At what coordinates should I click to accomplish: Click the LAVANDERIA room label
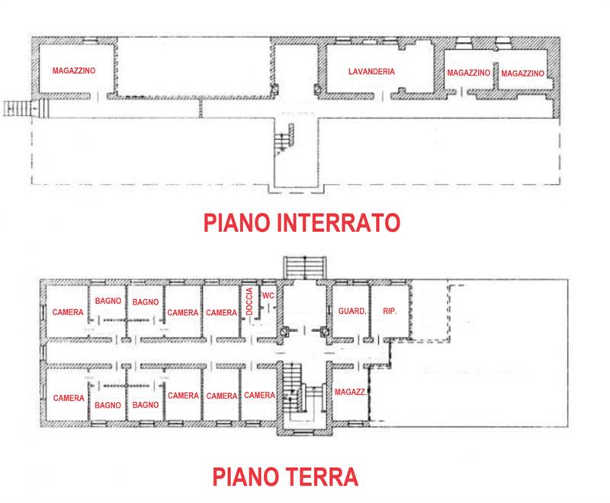(x=371, y=71)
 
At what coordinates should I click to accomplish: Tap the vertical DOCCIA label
(x=249, y=301)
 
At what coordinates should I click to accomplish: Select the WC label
(x=268, y=295)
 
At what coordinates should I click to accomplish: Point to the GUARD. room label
(x=352, y=311)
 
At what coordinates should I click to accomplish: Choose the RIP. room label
(x=390, y=311)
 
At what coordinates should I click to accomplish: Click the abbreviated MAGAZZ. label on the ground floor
(x=351, y=392)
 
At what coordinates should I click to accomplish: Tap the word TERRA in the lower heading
(x=322, y=476)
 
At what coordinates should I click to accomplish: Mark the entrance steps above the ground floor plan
(x=304, y=267)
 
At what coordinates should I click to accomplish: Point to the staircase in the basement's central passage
(x=284, y=140)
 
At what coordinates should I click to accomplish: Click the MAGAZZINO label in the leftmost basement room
(x=74, y=70)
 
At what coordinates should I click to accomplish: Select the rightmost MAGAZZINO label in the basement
(x=522, y=73)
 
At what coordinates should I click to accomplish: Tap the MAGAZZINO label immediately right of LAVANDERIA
(x=468, y=73)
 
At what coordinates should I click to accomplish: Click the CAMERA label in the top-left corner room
(x=68, y=312)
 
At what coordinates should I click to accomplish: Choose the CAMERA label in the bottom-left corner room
(x=69, y=398)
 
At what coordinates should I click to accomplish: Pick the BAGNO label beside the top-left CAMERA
(x=108, y=301)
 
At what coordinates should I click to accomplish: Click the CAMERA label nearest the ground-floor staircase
(x=259, y=395)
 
